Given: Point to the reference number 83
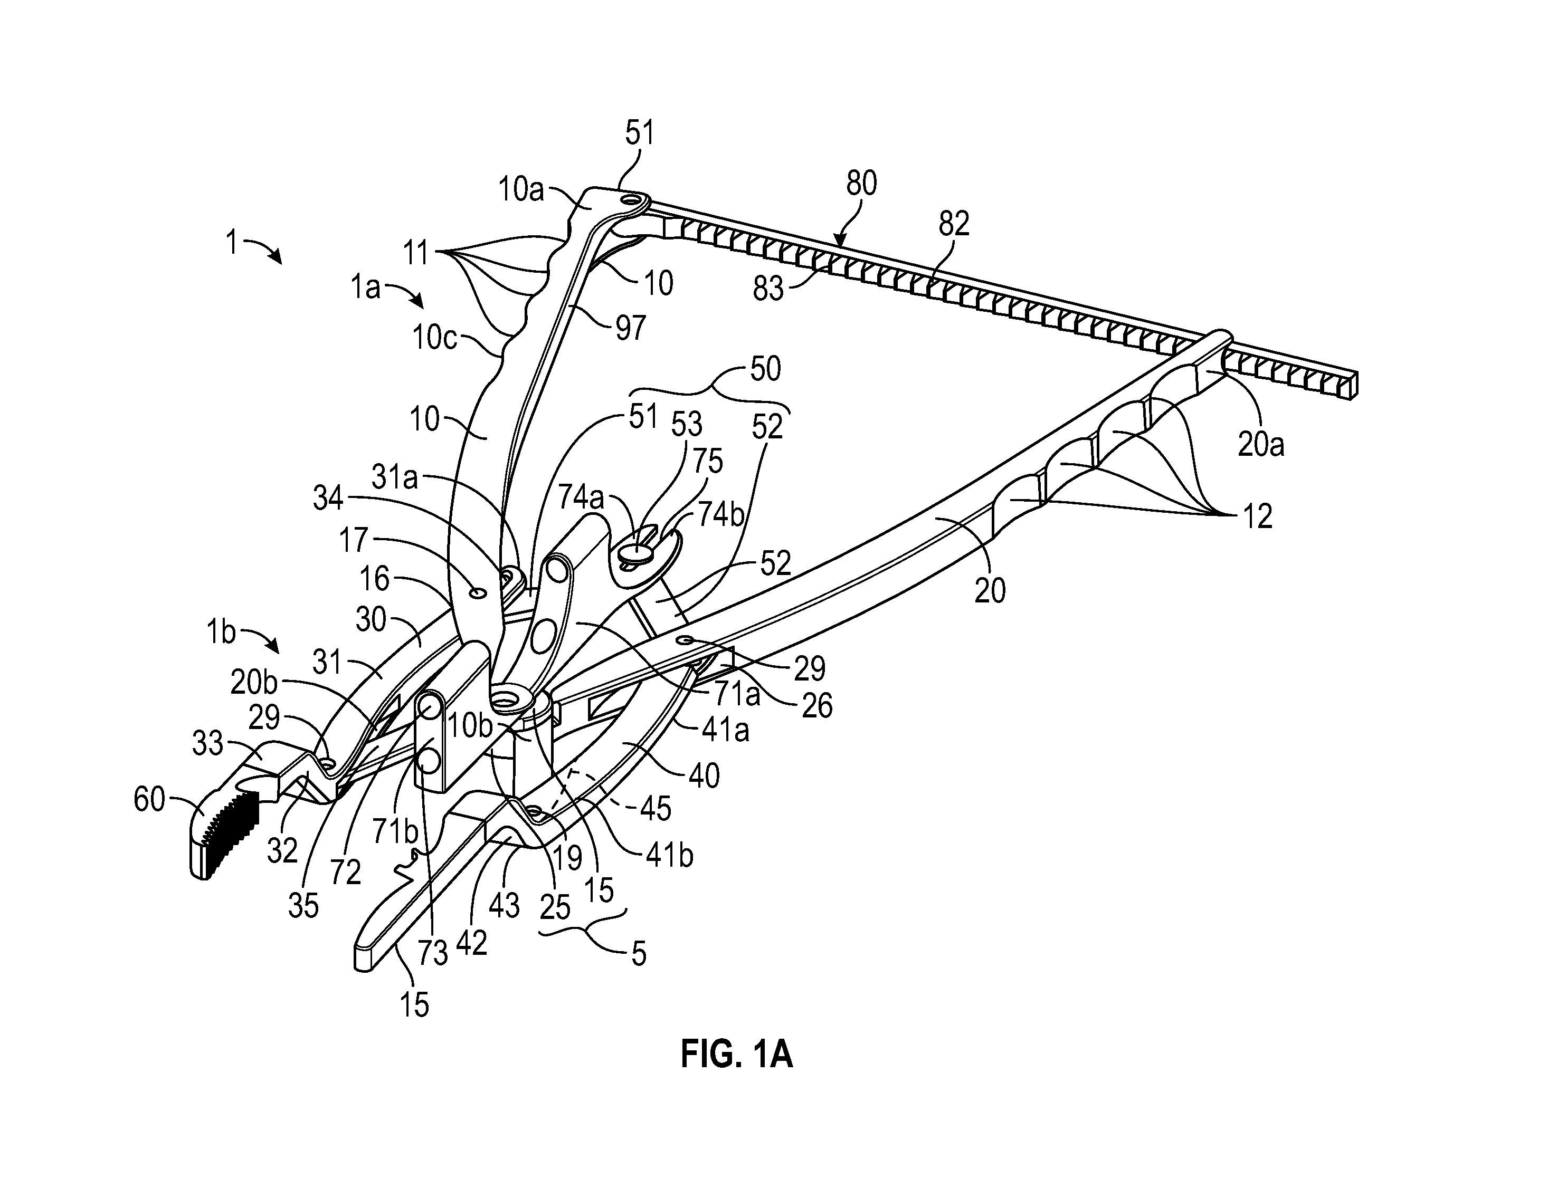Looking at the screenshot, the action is click(769, 289).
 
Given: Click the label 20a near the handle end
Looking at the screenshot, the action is click(1261, 444).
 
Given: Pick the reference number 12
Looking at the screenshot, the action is click(1257, 516).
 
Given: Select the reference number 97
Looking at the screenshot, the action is click(630, 328).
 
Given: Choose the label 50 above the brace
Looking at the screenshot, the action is click(765, 369).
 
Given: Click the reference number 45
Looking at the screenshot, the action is click(654, 808).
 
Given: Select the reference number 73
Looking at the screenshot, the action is click(432, 953).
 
